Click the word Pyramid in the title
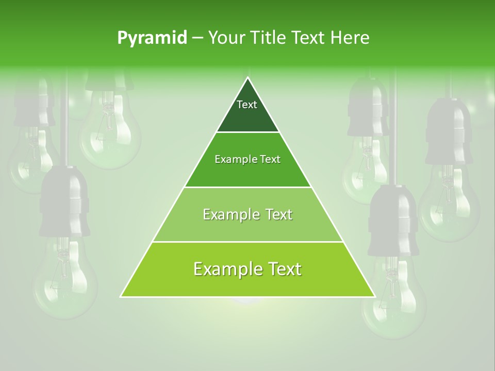tap(152, 38)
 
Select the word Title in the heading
tap(271, 38)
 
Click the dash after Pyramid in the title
tap(197, 38)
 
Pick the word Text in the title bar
tap(308, 38)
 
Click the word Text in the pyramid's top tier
tap(247, 105)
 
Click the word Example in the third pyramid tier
tap(229, 214)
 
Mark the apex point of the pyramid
tap(247, 78)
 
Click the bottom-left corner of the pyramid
tap(121, 297)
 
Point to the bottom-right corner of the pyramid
tap(375, 297)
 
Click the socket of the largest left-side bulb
tap(64, 204)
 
